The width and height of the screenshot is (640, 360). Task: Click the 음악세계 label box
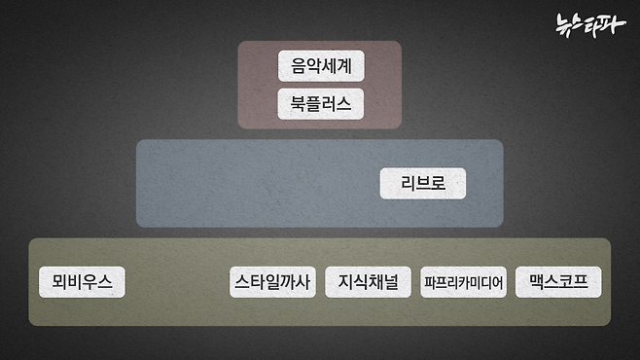tap(320, 66)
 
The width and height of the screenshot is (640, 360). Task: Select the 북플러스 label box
tap(320, 103)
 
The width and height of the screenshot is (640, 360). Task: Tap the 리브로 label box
tap(422, 183)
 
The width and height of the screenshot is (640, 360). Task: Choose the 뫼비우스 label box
tap(82, 282)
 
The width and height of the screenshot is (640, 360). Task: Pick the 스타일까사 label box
tap(272, 282)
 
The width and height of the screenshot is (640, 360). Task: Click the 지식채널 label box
tap(368, 282)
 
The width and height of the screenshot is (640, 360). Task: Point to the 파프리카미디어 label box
tap(463, 283)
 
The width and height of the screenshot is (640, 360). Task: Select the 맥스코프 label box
tap(558, 282)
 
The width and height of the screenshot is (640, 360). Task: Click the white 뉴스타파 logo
tap(590, 23)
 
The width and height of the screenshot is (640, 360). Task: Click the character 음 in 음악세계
tap(299, 66)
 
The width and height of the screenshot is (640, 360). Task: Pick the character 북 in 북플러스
tap(299, 103)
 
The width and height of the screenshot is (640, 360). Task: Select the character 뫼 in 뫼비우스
tap(57, 282)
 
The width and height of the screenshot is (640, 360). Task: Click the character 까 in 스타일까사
tap(288, 282)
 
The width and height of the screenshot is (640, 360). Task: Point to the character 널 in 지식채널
tap(390, 282)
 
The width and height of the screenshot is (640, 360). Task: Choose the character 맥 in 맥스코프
tap(536, 282)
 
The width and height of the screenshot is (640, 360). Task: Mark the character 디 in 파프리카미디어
tap(484, 283)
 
